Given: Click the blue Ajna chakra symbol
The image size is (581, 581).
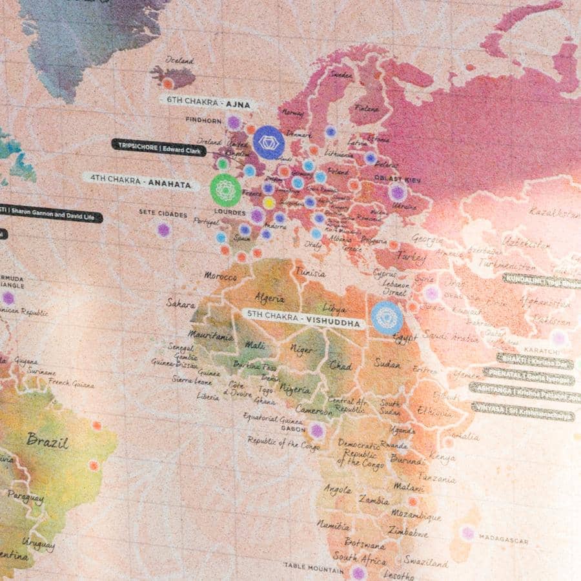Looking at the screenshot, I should (x=269, y=142).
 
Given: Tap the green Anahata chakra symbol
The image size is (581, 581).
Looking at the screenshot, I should (x=225, y=189).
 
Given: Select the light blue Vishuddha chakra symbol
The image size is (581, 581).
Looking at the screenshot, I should (x=387, y=318).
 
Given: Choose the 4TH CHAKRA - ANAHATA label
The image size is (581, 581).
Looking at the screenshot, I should (x=140, y=183).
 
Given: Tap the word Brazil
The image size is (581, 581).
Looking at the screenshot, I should (x=48, y=440).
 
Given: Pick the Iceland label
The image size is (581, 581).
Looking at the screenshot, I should (x=179, y=60).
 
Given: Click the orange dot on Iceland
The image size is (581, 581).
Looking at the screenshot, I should (x=168, y=83).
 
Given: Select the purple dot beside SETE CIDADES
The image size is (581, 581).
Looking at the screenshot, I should (x=164, y=230).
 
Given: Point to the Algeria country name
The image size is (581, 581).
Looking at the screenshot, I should (x=270, y=298).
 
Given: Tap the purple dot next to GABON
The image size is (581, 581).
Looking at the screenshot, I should (x=316, y=431).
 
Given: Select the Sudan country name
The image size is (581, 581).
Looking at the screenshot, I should (x=387, y=363).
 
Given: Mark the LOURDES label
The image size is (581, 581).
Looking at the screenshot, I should (x=229, y=212).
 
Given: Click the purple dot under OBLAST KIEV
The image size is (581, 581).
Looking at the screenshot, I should (x=398, y=192).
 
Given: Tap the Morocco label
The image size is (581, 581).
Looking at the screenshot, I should (x=220, y=276).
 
